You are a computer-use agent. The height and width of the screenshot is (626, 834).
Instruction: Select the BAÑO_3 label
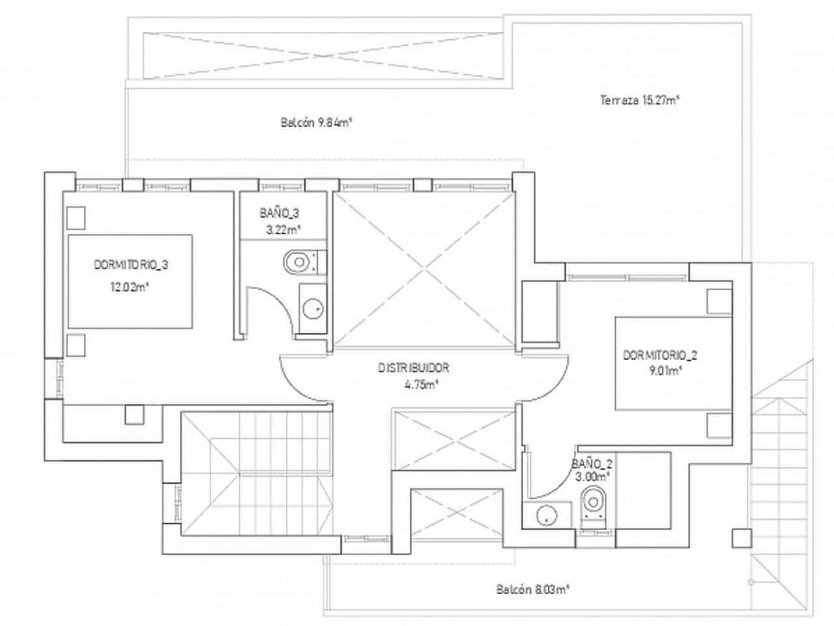[x=279, y=213]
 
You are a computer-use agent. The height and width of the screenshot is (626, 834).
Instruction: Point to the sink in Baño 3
[x=313, y=309]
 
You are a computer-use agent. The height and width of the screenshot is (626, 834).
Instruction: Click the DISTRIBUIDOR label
[x=414, y=368]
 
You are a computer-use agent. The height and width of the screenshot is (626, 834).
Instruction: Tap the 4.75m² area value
[x=420, y=385]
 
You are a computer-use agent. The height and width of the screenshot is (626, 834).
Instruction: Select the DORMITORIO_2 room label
[x=660, y=355]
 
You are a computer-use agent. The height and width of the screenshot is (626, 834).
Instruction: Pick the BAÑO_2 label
[x=592, y=464]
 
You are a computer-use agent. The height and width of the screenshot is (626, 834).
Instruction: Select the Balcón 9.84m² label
[x=317, y=123]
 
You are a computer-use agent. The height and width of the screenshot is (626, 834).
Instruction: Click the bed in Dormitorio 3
[x=130, y=282]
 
